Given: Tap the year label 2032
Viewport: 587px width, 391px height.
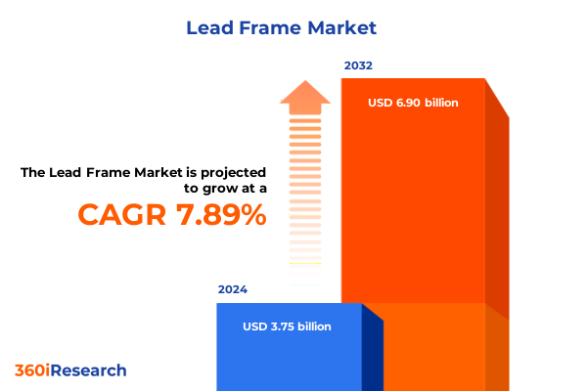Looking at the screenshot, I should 358,66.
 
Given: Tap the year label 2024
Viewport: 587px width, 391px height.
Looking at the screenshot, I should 233,290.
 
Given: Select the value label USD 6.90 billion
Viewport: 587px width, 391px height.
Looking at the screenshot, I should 413,103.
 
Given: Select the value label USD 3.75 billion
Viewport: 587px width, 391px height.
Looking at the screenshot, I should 287,326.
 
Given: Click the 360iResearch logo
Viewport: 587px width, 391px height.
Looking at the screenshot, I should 70,370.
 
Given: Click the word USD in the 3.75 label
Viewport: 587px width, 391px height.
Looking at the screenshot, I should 255,326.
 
